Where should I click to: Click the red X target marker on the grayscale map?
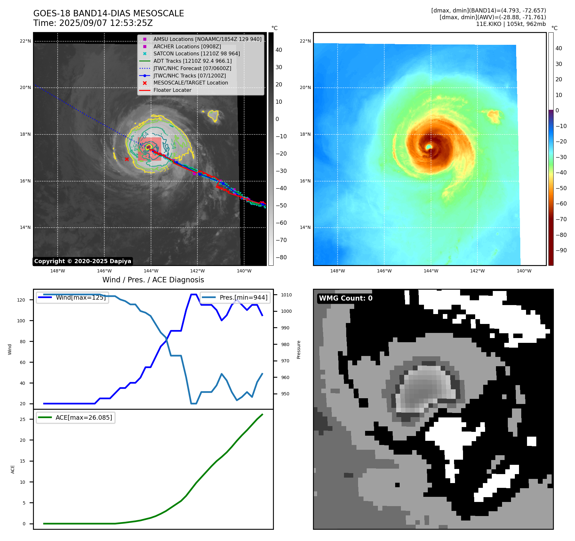click(127, 159)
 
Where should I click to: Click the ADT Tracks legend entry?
click(192, 61)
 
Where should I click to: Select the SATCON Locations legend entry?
click(196, 53)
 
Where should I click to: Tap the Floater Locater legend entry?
click(172, 90)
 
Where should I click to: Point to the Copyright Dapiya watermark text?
click(83, 261)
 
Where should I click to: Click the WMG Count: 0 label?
click(346, 298)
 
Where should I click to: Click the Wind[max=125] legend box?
click(73, 297)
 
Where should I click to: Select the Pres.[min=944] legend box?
click(235, 297)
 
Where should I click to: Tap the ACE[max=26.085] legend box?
click(76, 417)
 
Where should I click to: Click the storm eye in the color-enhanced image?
click(429, 147)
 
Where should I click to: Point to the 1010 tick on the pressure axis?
click(286, 295)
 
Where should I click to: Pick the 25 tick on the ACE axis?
click(22, 419)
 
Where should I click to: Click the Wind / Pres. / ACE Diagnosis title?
click(153, 280)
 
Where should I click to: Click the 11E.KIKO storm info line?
click(511, 24)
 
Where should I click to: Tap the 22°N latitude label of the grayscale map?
click(25, 41)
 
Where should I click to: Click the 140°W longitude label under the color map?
click(524, 271)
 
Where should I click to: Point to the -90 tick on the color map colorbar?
click(561, 250)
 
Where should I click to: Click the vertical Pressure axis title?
click(299, 350)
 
